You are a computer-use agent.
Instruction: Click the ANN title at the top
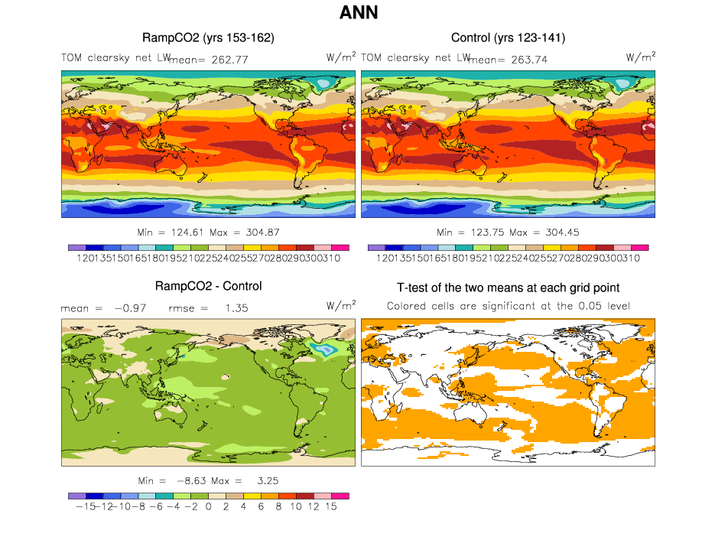(x=357, y=13)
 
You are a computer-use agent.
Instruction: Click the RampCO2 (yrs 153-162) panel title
(x=208, y=37)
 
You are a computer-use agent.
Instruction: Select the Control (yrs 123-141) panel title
(x=508, y=37)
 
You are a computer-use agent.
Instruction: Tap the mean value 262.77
(x=228, y=59)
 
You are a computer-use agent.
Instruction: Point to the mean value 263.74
(x=528, y=59)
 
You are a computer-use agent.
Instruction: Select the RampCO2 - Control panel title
(x=208, y=286)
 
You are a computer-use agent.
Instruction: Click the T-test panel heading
(x=508, y=288)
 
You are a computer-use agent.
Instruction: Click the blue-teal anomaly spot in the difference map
(x=327, y=349)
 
